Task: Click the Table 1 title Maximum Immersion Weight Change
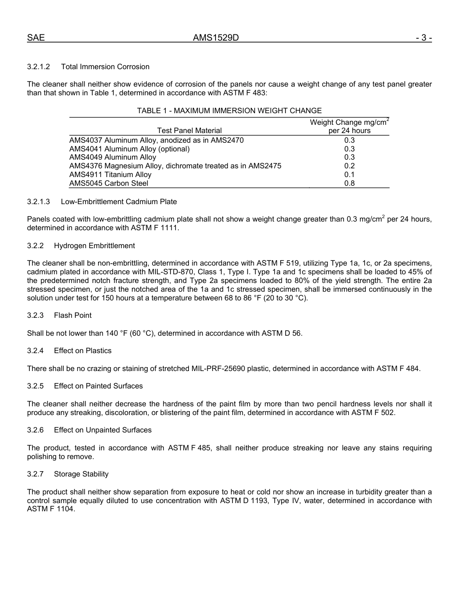[229, 111]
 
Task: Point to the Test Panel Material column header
[189, 131]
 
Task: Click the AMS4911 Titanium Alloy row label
[110, 175]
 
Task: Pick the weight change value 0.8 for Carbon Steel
[349, 183]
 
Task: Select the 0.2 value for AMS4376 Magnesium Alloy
[349, 166]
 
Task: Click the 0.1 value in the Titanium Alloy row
[349, 175]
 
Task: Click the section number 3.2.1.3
[39, 201]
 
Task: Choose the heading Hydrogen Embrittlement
[94, 246]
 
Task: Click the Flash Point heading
[72, 315]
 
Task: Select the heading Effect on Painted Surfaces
[98, 386]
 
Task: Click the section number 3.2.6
[35, 430]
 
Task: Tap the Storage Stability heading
[81, 474]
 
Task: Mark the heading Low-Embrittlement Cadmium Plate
[119, 201]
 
